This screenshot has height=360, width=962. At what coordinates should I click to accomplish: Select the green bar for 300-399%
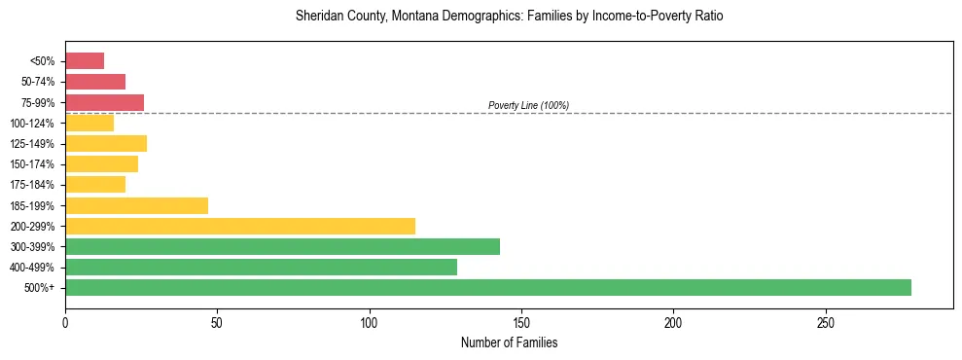coord(282,246)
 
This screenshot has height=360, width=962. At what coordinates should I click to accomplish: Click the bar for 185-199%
coord(136,205)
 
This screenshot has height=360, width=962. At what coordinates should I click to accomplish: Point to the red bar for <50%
coord(85,61)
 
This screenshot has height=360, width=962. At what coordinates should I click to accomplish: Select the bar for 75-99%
coord(104,102)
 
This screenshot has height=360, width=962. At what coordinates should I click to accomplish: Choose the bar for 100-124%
coord(89,123)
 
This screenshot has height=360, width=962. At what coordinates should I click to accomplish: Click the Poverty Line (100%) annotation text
coord(528,105)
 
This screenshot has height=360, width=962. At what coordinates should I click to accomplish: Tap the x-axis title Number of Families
coord(509,342)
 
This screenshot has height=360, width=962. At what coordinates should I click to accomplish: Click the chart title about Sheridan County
coord(509,17)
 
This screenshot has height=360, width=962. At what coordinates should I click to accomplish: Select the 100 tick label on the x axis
coord(370,322)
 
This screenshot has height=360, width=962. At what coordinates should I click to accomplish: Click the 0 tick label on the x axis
coord(65,322)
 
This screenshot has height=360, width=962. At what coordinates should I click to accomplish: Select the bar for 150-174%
coord(101,163)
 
